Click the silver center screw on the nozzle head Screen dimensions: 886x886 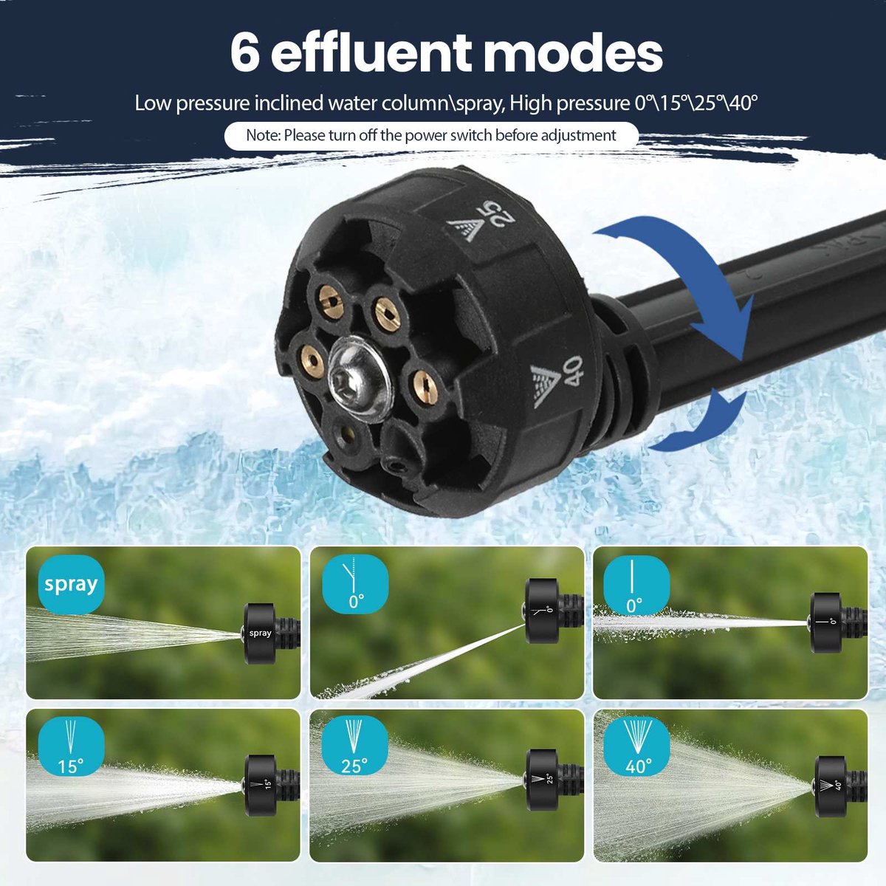[x=360, y=379]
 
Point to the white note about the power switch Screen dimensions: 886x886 [x=430, y=136]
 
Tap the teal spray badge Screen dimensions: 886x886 [x=72, y=584]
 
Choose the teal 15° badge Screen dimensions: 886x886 [x=72, y=747]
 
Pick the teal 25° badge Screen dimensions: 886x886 [x=354, y=747]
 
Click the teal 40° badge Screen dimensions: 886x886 [x=637, y=747]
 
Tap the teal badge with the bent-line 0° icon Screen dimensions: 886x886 [x=354, y=584]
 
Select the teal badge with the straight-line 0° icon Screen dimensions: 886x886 [x=637, y=584]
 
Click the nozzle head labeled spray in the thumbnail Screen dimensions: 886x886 [x=260, y=633]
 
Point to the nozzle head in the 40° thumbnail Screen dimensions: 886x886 [x=830, y=786]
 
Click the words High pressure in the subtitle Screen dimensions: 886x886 [x=569, y=103]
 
